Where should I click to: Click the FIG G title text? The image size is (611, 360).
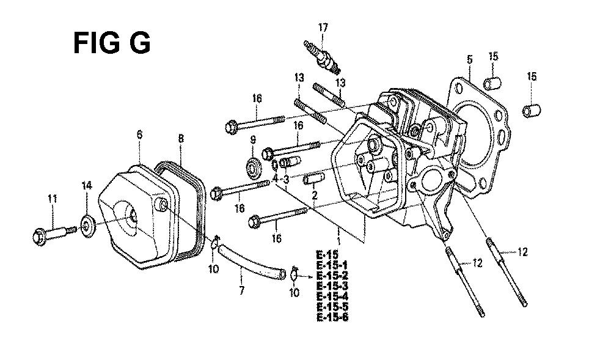point(112,43)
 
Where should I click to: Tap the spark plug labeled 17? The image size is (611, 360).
point(323,57)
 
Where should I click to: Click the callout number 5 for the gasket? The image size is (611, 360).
point(469,60)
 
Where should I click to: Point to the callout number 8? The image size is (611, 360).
point(181,138)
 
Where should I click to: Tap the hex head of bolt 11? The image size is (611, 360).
point(40,237)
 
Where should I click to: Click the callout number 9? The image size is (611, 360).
point(253,139)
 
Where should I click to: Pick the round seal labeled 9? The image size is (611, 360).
point(254,166)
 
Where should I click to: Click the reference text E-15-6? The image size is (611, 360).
point(332,317)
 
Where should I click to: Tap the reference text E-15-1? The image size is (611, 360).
point(332,265)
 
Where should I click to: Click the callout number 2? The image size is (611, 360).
point(315,195)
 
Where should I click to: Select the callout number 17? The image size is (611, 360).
point(323,28)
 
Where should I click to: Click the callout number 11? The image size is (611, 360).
point(53,199)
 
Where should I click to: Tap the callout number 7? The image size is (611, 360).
point(241,290)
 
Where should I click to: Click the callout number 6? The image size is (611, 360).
point(139,135)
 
